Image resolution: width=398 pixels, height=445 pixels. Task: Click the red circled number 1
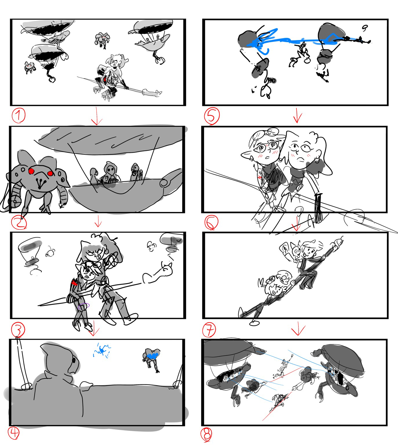[19, 116]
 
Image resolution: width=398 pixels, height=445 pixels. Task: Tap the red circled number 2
[19, 223]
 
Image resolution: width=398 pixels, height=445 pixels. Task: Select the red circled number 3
[18, 329]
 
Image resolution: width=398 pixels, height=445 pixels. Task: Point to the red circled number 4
[14, 433]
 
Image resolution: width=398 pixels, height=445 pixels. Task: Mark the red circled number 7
[209, 329]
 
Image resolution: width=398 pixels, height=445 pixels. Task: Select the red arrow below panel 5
[297, 116]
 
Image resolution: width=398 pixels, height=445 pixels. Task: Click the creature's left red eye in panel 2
[31, 171]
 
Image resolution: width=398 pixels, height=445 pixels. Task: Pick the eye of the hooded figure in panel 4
[74, 360]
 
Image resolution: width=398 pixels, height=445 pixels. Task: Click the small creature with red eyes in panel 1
[29, 67]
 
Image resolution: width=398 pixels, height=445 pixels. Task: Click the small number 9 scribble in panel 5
[365, 28]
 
